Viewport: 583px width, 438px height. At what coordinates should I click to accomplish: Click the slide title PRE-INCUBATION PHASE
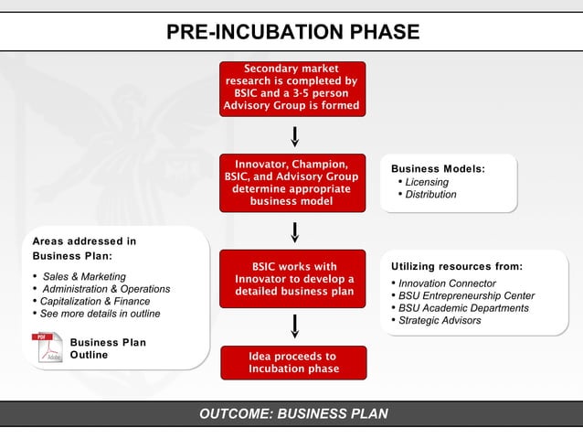292,32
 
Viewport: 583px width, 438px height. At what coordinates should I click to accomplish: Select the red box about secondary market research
292,88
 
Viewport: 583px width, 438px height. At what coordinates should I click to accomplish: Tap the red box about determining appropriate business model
292,183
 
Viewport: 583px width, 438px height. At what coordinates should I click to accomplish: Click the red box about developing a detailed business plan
292,279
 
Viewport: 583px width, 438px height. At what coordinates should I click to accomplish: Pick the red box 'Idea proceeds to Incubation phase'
292,362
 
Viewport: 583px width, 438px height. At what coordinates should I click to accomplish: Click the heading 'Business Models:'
438,168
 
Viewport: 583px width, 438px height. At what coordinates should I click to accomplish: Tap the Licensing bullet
426,182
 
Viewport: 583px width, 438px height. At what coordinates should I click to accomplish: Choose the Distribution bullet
429,195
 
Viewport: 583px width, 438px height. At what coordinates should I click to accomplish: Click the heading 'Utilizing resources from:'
456,266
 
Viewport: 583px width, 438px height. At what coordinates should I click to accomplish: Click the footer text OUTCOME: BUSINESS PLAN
292,413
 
